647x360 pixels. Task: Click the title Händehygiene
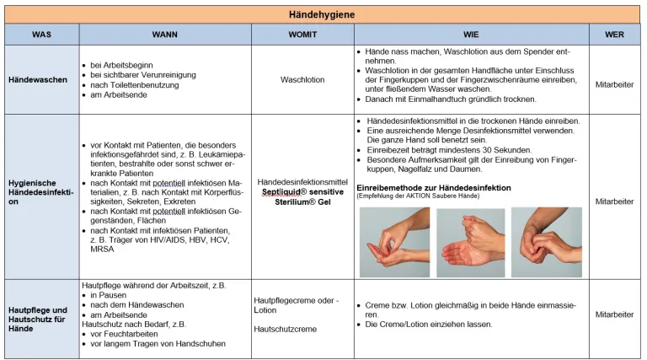pyautogui.click(x=323, y=14)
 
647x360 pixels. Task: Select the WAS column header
pyautogui.click(x=41, y=35)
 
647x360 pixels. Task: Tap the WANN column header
pyautogui.click(x=164, y=35)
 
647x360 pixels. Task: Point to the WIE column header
pyautogui.click(x=470, y=35)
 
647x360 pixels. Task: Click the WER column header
pyautogui.click(x=614, y=35)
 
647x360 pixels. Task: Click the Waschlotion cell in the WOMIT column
pyautogui.click(x=302, y=80)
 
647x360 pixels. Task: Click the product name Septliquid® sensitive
pyautogui.click(x=302, y=191)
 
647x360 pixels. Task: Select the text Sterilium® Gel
pyautogui.click(x=302, y=202)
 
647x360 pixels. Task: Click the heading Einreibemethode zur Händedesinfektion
pyautogui.click(x=434, y=187)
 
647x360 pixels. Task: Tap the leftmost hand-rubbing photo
pyautogui.click(x=393, y=241)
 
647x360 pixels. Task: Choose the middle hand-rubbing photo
pyautogui.click(x=470, y=241)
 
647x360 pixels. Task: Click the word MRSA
pyautogui.click(x=103, y=250)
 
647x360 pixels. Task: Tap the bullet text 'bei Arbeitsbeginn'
pyautogui.click(x=119, y=64)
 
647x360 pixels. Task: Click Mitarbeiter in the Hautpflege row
pyautogui.click(x=614, y=314)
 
